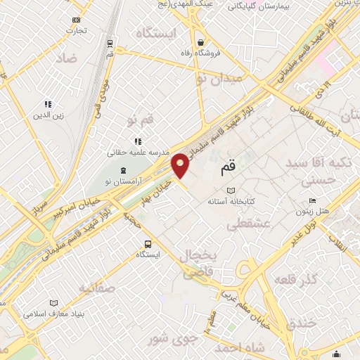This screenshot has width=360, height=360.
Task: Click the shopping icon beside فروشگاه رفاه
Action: pyautogui.click(x=201, y=41)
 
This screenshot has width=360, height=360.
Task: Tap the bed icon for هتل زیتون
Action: pyautogui.click(x=312, y=200)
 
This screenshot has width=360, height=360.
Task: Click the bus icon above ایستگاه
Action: pyautogui.click(x=146, y=243)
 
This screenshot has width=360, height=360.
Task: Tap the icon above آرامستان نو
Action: pyautogui.click(x=124, y=171)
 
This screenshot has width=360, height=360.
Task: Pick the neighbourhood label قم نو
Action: pyautogui.click(x=141, y=122)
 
